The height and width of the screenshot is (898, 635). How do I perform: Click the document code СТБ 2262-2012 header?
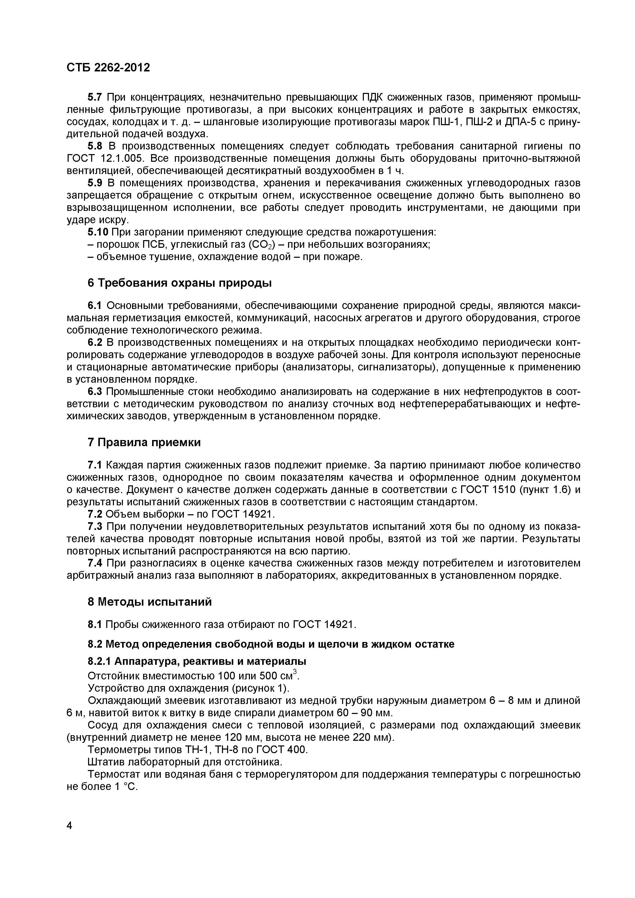point(108,68)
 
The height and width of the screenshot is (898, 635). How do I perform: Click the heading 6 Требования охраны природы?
point(179,283)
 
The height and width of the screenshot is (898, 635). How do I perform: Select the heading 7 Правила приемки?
point(144,442)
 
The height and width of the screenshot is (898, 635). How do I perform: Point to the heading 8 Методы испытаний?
point(150,602)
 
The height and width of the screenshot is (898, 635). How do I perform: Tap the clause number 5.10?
point(97,232)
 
